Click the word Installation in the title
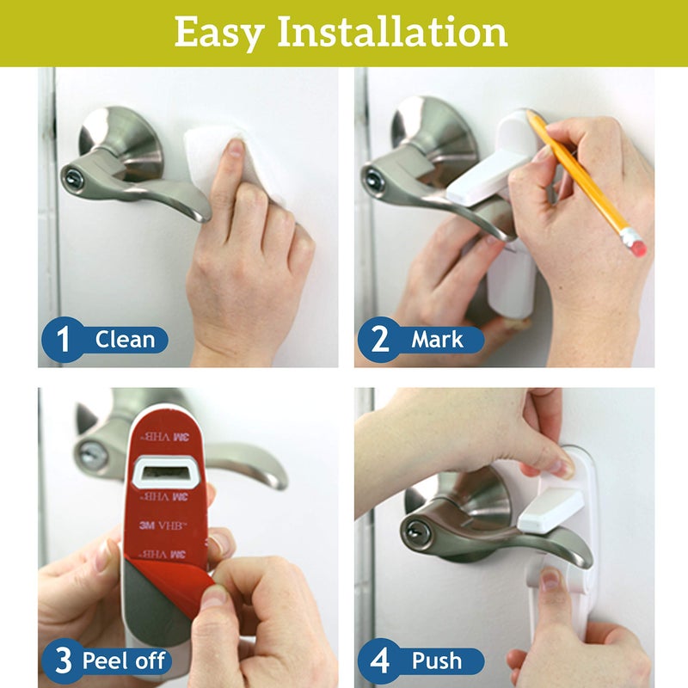(392, 33)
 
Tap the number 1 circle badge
(63, 339)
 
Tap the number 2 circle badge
(379, 339)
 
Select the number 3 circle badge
(63, 660)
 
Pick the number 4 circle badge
(379, 660)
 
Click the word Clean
(125, 339)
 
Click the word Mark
(437, 339)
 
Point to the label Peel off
(126, 661)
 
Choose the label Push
(436, 661)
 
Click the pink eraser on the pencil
(637, 245)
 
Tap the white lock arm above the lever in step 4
(550, 507)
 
